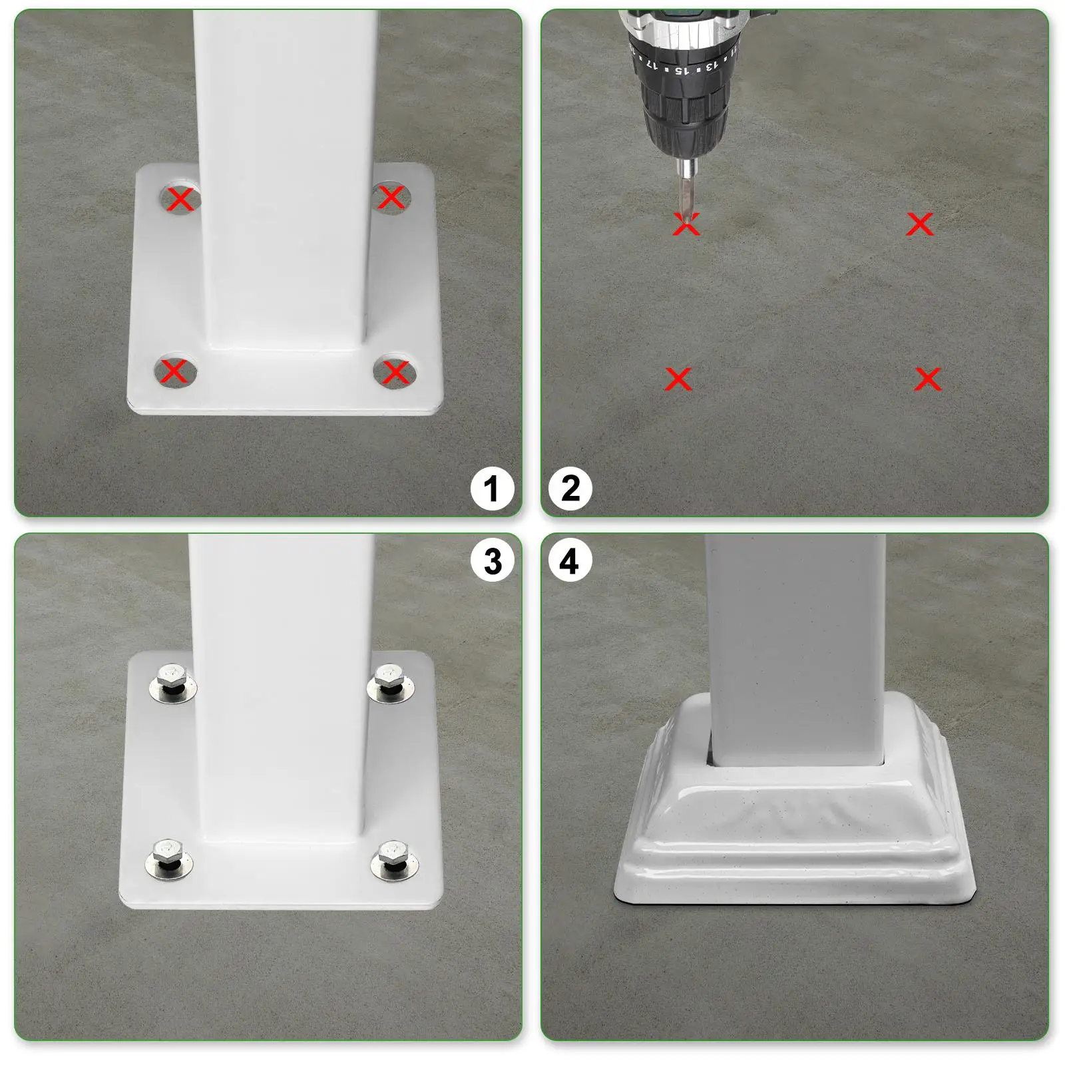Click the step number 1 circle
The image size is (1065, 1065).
point(492,489)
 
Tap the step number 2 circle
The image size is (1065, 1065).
point(570,489)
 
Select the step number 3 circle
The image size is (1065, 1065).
point(492,561)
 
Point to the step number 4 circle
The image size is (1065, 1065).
point(570,561)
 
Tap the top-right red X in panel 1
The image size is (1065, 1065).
point(391,197)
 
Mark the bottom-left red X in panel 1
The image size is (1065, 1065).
point(174,371)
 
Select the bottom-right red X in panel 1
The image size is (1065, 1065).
point(395,371)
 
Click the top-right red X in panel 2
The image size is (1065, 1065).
point(920,224)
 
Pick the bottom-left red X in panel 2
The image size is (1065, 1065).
point(678,379)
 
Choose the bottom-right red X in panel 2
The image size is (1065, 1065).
point(928,379)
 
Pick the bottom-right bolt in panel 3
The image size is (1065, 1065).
point(394,859)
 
